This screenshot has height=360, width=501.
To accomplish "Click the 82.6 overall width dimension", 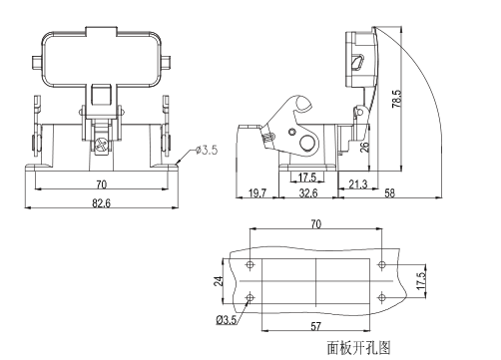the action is (101, 203).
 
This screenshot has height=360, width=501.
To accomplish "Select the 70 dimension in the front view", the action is (102, 184).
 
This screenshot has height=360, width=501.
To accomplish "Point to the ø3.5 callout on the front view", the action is (207, 150).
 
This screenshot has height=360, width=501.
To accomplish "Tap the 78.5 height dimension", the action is (397, 99).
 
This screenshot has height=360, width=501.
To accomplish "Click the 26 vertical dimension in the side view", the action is (365, 147).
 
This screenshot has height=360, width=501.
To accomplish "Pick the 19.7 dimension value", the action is (257, 193).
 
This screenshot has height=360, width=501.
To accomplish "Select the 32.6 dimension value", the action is (308, 192).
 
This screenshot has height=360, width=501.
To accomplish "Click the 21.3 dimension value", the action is (358, 183).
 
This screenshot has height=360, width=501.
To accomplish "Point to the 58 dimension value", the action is (389, 193).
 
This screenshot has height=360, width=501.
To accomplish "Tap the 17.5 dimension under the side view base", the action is (307, 178).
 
